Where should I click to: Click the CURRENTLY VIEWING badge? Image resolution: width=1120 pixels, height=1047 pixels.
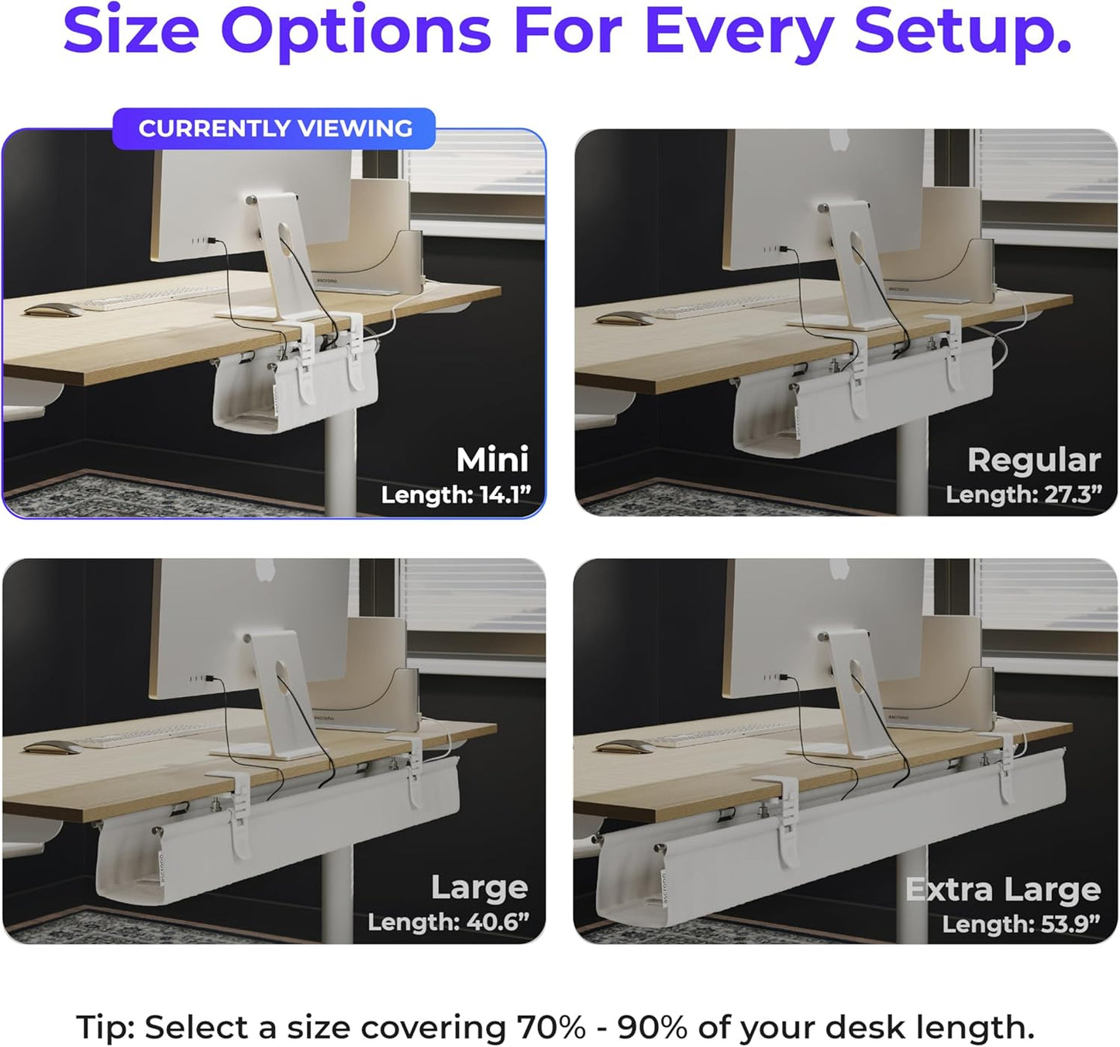(274, 129)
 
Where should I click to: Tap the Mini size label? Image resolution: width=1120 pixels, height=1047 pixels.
(492, 460)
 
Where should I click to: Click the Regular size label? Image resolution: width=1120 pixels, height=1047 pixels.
(1034, 460)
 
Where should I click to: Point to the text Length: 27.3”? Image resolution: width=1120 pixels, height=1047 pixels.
(1023, 494)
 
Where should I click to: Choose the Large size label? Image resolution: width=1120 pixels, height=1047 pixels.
(479, 887)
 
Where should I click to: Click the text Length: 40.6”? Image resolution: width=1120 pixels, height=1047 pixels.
(448, 922)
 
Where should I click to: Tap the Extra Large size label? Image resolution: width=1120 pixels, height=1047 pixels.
(1003, 890)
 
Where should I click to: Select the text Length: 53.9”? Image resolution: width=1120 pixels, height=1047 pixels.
(1021, 924)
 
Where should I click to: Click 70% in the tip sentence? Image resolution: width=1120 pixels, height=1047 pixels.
(550, 1028)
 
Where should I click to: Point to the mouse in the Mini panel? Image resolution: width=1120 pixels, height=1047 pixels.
(53, 310)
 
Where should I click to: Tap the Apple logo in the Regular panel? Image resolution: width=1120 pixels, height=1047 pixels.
(839, 140)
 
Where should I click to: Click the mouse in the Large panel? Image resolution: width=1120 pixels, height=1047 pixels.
(51, 747)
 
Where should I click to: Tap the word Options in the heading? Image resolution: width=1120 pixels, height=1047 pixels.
(356, 31)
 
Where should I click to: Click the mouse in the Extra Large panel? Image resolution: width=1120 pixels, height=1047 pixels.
(623, 747)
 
